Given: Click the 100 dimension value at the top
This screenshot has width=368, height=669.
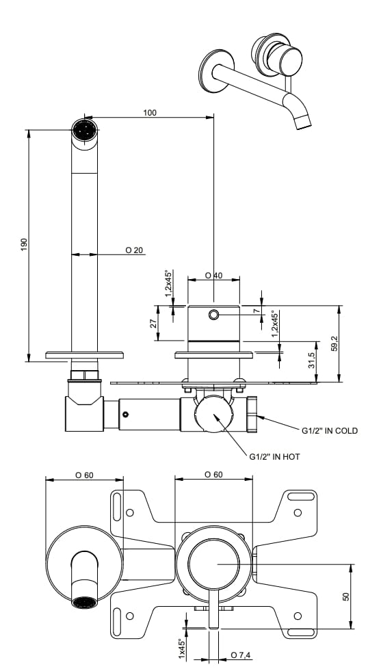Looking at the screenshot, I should coord(149,112).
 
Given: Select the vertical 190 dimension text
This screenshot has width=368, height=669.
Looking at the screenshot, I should coord(23,244).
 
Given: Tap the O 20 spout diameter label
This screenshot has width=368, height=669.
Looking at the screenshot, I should coord(134,250).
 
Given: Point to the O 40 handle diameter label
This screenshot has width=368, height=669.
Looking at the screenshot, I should coord(214,275).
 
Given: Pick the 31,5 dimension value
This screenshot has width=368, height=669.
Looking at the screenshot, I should coord(312,360).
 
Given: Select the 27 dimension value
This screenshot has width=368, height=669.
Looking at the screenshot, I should coord(154,322).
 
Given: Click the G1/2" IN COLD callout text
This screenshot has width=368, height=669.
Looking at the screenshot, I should coord(330,431).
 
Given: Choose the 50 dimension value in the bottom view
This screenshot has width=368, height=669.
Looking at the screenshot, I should coord(346,596).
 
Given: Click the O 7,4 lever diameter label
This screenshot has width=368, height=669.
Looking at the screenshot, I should coord(240,655).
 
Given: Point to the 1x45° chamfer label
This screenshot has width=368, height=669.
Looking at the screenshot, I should coord(181,648).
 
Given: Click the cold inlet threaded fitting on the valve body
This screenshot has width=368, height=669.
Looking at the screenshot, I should coord(252,415).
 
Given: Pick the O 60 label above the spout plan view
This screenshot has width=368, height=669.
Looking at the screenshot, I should coord(84,475).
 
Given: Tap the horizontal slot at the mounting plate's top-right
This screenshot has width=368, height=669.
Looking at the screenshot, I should coord(299,496).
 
